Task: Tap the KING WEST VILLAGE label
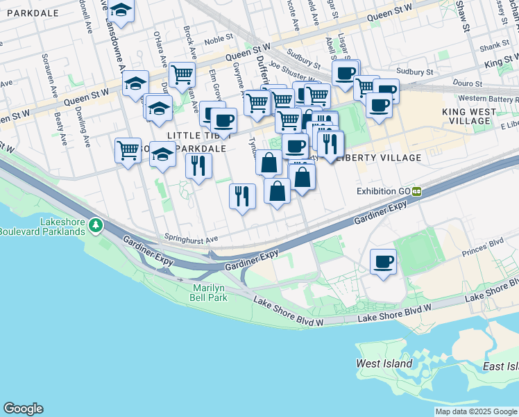(469, 116)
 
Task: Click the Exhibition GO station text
(383, 191)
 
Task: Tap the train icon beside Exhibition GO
(417, 191)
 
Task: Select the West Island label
(384, 363)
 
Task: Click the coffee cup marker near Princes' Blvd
(383, 262)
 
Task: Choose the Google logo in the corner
(23, 409)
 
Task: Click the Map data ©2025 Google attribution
(476, 411)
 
